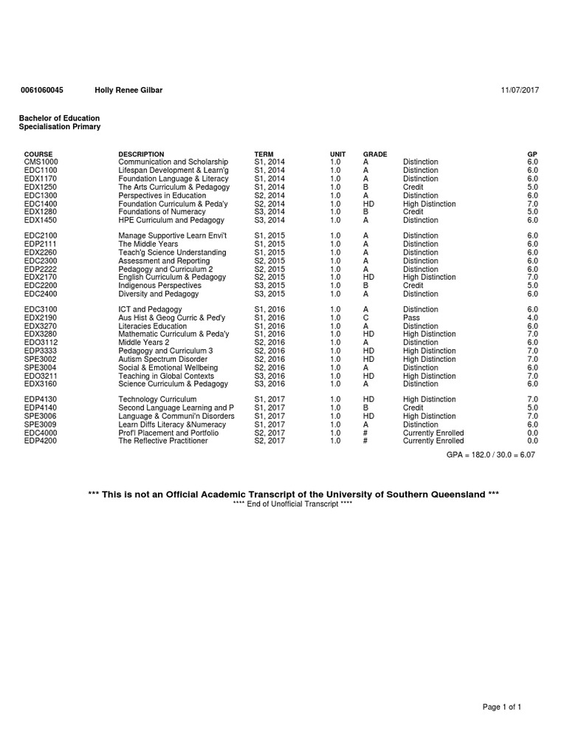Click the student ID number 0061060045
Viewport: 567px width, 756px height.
41,90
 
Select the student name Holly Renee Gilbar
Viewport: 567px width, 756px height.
128,90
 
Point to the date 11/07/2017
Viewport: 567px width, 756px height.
520,90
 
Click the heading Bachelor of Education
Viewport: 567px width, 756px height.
59,118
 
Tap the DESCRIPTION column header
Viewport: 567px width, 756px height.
141,154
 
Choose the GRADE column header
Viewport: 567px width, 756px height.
375,154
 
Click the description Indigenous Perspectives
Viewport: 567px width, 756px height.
159,285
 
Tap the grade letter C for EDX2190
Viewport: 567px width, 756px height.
365,317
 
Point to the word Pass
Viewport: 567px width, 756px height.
411,317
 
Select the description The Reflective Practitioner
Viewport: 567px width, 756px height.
163,441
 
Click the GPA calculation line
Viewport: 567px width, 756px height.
490,455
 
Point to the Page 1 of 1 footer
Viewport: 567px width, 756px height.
502,707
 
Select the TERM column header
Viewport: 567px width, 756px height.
264,154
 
